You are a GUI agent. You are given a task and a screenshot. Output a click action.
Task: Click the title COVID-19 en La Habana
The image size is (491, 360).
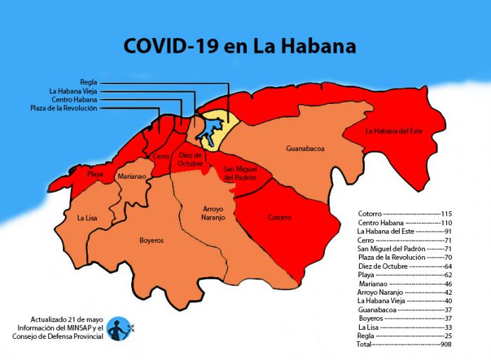(239, 46)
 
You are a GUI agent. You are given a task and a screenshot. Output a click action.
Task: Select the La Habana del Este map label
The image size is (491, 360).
(395, 131)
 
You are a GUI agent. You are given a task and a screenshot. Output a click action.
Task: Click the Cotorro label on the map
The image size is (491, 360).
(279, 218)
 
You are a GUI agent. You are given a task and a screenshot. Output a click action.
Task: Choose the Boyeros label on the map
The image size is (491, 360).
(151, 240)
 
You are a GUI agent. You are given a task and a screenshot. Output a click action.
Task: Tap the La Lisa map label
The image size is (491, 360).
(87, 218)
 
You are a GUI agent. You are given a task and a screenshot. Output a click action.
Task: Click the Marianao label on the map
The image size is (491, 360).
(132, 177)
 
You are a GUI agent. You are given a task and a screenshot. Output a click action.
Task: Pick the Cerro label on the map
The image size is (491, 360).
(161, 157)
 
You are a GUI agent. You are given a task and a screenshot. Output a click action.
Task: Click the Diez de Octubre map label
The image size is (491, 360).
(190, 159)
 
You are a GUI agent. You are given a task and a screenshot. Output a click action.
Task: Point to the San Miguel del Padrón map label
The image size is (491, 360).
(240, 173)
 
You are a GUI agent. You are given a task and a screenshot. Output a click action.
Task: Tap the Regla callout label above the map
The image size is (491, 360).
(88, 82)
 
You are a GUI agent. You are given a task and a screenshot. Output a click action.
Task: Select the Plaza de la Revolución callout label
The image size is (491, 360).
(64, 108)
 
